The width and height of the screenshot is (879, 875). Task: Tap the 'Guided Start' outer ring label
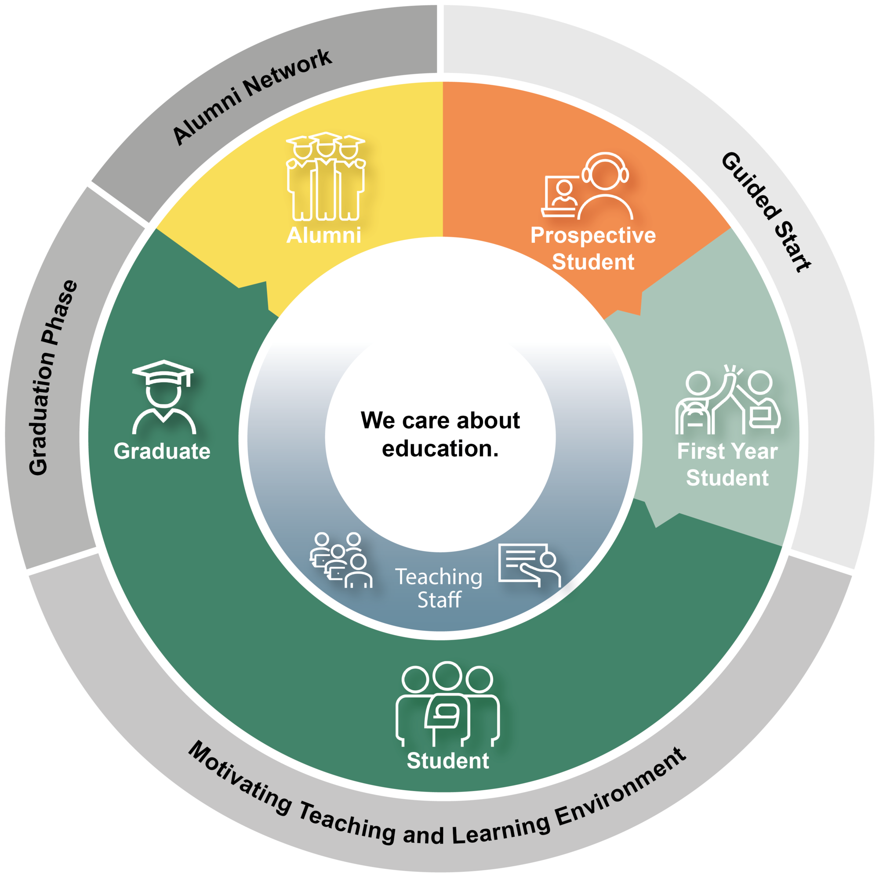[765, 212]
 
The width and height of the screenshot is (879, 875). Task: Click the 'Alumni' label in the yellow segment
[323, 235]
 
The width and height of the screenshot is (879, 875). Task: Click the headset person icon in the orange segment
[605, 186]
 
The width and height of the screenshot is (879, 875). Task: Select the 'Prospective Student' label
[593, 248]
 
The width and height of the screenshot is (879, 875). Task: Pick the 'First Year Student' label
[727, 464]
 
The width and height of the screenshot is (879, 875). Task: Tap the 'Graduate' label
[162, 451]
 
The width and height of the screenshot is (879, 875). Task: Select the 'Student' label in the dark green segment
[448, 760]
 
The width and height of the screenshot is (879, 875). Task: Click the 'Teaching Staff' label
[439, 588]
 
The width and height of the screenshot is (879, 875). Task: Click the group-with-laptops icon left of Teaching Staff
[341, 560]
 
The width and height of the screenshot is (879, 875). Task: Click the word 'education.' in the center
[440, 449]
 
